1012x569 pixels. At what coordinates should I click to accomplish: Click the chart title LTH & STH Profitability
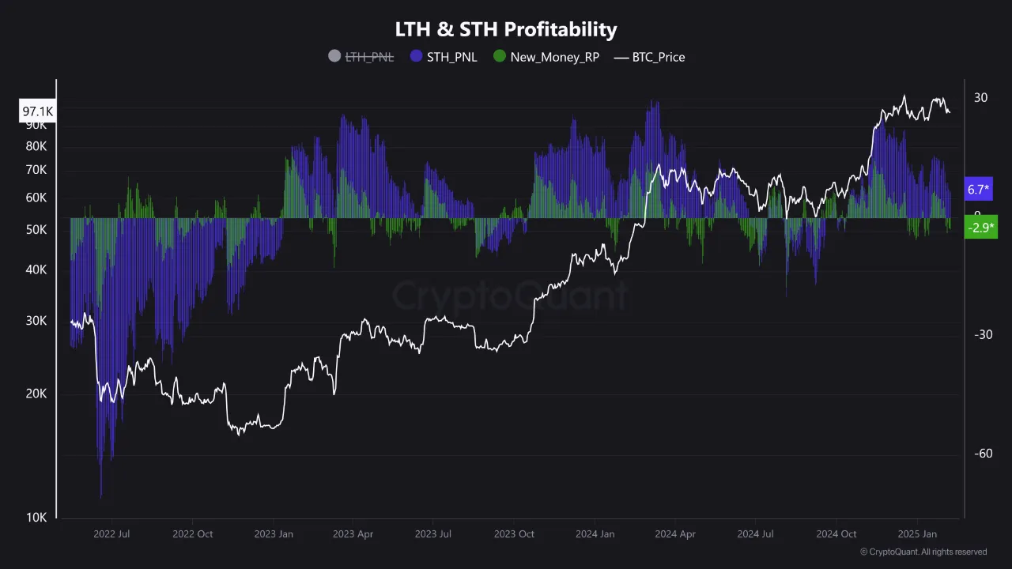506,29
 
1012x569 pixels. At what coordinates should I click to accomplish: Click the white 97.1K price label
37,112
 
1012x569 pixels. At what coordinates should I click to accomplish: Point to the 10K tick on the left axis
37,518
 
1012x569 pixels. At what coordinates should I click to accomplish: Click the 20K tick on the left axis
37,394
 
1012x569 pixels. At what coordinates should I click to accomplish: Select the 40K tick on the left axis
37,269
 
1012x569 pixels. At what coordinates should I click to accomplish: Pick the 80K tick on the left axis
37,146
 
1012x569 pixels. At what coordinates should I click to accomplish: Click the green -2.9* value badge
979,228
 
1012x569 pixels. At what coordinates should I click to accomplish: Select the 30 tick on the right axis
980,97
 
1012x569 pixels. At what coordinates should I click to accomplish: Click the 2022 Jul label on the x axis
111,534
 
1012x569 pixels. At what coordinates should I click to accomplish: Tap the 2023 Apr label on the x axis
353,534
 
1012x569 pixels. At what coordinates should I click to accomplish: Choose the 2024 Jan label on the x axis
595,534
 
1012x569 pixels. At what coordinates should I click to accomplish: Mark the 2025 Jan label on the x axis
917,534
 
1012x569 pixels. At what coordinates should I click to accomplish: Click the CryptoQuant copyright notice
923,552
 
